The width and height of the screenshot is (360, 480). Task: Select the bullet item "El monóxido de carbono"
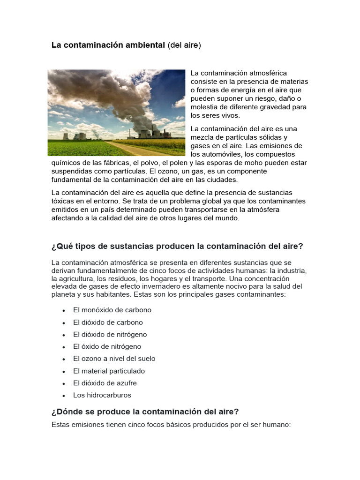pos(112,310)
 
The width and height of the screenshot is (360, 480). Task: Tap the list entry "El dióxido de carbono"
pos(108,322)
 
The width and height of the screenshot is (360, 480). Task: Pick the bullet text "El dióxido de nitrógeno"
pos(110,335)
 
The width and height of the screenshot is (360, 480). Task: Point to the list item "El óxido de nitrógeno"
pos(107,347)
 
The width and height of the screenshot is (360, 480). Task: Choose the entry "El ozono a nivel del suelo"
pos(114,359)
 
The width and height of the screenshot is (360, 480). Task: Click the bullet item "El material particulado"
pos(109,371)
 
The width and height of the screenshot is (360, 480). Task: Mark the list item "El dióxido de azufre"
pos(105,383)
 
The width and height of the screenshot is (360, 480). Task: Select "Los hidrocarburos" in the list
pos(102,395)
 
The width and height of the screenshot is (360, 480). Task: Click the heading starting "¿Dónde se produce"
pos(145,412)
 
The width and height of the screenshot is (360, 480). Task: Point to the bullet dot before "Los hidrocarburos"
pos(63,396)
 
